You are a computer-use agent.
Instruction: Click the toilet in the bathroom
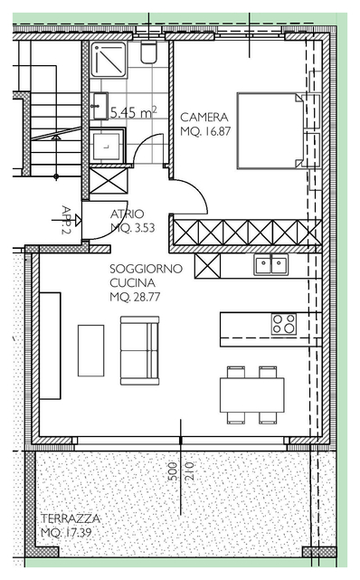149,52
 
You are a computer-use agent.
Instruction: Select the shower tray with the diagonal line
109,59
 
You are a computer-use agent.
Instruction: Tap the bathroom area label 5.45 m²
134,112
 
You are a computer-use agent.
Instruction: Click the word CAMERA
204,118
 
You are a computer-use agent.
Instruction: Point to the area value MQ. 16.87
205,131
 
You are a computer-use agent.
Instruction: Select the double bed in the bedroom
270,130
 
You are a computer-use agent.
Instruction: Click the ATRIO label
128,214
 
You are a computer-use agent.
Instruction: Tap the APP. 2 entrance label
67,220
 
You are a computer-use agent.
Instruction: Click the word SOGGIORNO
146,269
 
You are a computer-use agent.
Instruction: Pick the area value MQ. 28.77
135,297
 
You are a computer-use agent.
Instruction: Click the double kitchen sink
271,264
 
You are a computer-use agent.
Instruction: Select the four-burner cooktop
283,324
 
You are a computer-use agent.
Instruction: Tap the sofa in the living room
139,350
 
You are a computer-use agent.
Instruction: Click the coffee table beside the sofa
91,350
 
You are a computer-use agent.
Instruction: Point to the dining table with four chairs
252,395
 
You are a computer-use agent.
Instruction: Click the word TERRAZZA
71,518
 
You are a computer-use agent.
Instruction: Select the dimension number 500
173,471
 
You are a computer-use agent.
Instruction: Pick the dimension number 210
189,471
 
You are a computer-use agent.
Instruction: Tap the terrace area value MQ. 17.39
66,533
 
